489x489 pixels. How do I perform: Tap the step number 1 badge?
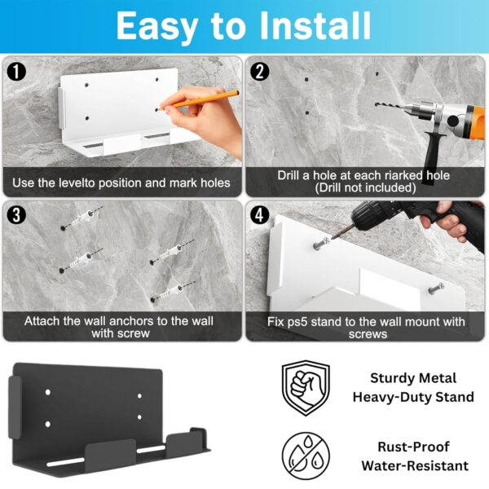pyautogui.click(x=16, y=72)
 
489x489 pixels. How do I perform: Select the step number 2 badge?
pyautogui.click(x=260, y=72)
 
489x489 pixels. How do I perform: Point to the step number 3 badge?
pyautogui.click(x=16, y=214)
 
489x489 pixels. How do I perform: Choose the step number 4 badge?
pyautogui.click(x=260, y=214)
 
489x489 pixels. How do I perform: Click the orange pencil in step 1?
pyautogui.click(x=199, y=99)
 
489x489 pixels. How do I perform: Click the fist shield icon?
pyautogui.click(x=306, y=388)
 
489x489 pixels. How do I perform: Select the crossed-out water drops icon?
pyautogui.click(x=306, y=456)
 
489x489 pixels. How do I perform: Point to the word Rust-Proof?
pyautogui.click(x=413, y=447)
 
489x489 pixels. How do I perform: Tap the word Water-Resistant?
pyautogui.click(x=415, y=466)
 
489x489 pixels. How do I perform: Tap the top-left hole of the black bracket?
pyautogui.click(x=48, y=392)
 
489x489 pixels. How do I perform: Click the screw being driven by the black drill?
pyautogui.click(x=321, y=244)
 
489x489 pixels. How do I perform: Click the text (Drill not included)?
pyautogui.click(x=365, y=188)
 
